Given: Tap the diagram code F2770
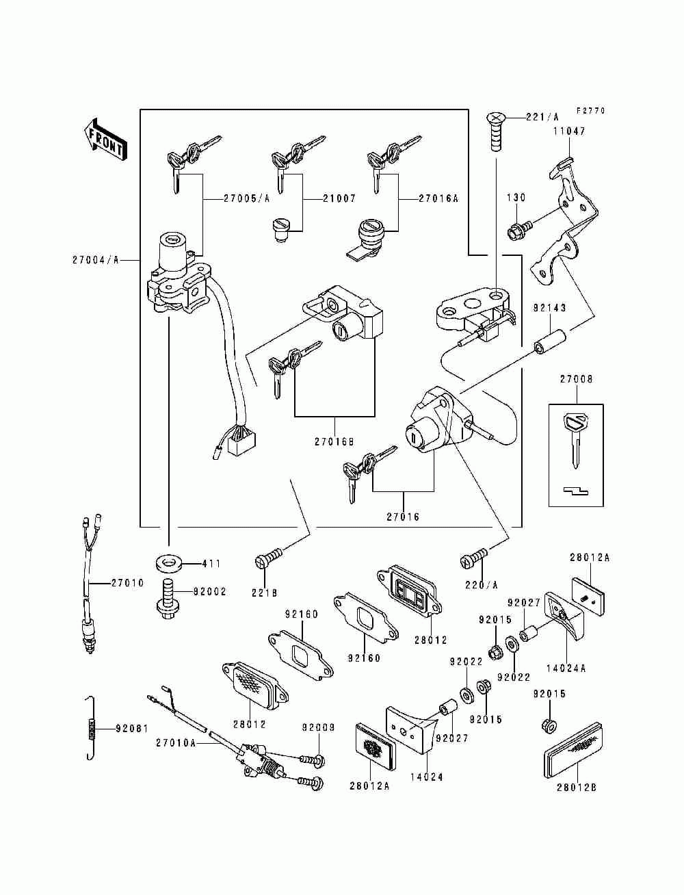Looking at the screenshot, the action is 590,111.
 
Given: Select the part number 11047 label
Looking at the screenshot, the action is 569,131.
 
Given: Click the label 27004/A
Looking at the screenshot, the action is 95,260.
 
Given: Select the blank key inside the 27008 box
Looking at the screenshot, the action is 575,439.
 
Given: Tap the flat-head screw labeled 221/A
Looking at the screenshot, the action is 496,132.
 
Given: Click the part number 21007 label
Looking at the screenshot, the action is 339,198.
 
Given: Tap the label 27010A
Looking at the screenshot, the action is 176,743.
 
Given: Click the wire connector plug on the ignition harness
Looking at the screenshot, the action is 242,443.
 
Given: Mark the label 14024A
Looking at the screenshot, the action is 566,669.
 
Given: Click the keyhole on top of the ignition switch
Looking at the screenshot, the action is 173,239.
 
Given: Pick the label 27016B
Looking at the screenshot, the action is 334,441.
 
